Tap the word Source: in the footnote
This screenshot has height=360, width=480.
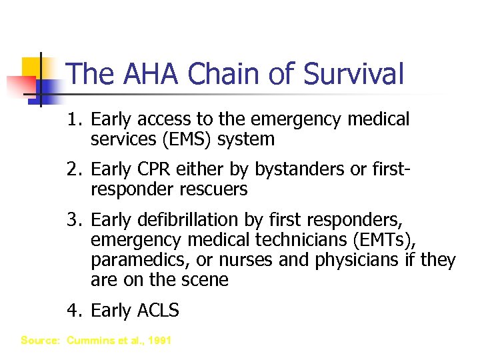tap(41, 341)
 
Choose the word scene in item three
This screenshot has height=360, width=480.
tap(204, 280)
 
